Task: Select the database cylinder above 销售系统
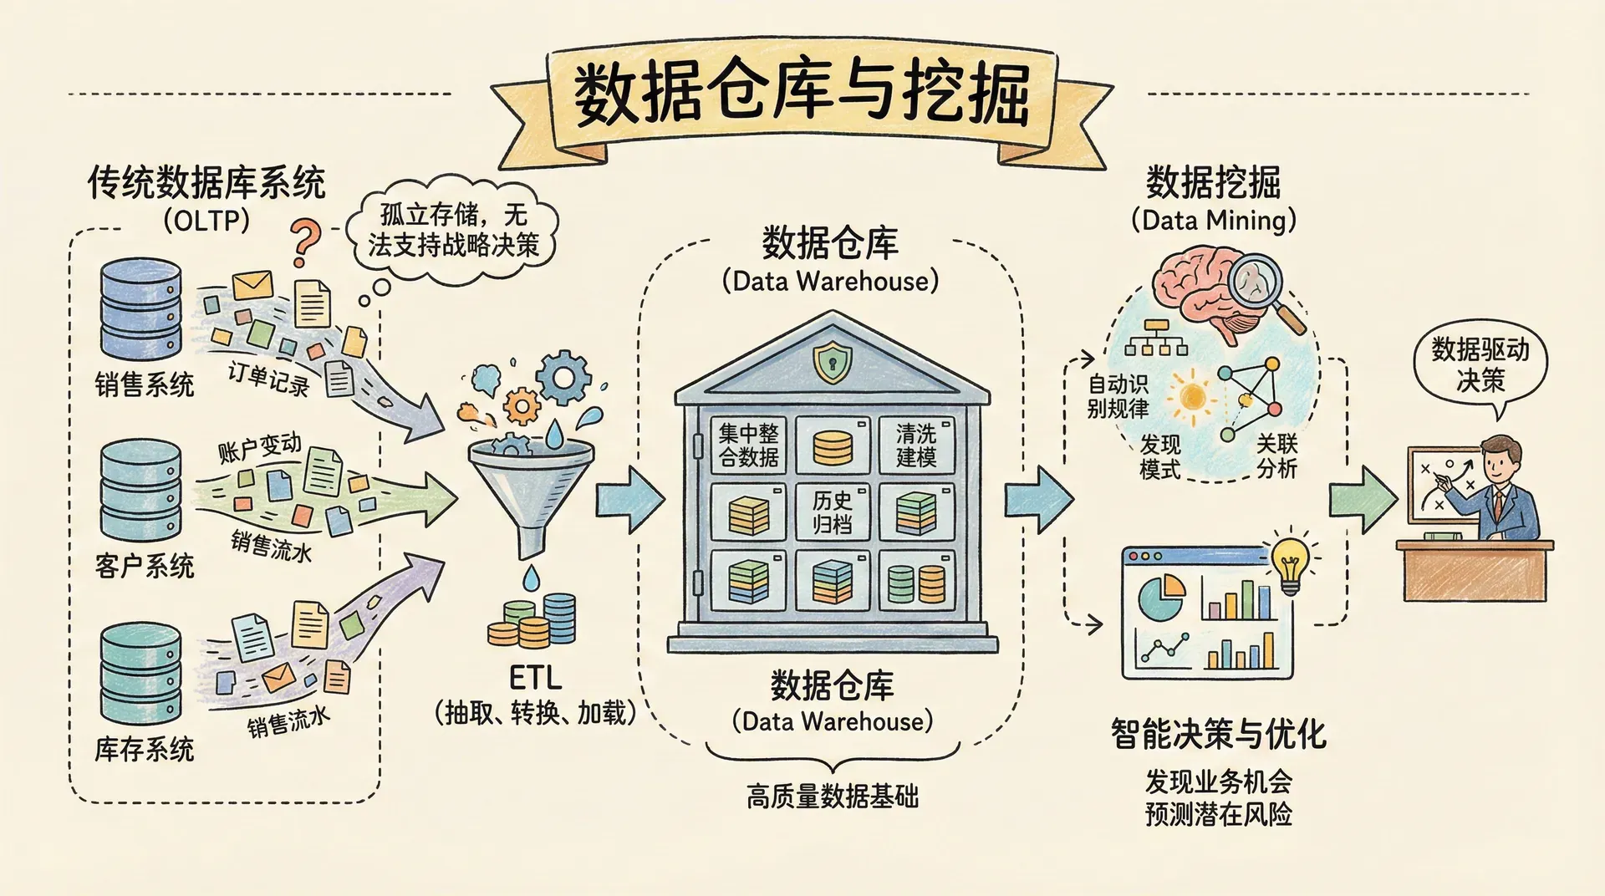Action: [x=140, y=308]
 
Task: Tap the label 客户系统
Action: [x=144, y=567]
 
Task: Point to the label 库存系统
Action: [x=144, y=749]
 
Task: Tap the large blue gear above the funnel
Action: [x=563, y=378]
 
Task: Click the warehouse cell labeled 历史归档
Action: [x=833, y=512]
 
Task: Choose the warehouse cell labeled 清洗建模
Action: [x=916, y=445]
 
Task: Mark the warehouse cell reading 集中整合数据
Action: [x=748, y=445]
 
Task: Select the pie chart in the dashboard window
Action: [x=1162, y=593]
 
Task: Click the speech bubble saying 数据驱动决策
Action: [x=1480, y=365]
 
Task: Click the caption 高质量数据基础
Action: [x=833, y=797]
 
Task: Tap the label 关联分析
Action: [x=1276, y=456]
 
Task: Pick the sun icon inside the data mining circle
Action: [x=1191, y=395]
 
